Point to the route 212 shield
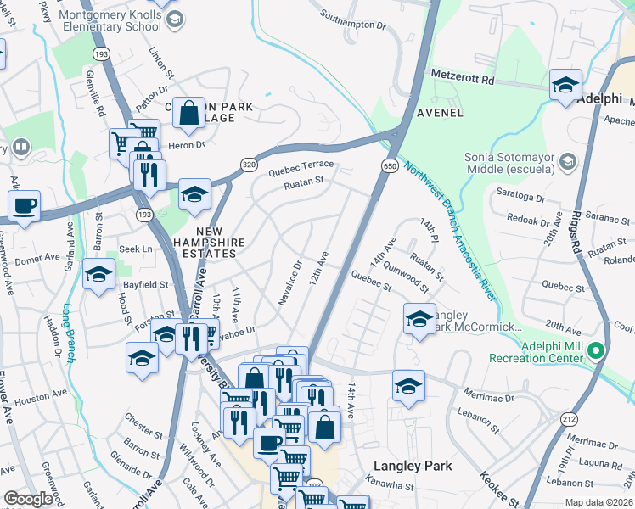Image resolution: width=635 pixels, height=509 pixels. tap(568, 418)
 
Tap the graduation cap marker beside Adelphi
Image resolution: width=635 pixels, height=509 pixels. tap(564, 85)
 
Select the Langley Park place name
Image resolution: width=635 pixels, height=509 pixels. tap(413, 466)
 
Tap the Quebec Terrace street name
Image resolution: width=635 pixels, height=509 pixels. tap(301, 167)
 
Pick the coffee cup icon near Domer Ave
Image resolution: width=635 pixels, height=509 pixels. tap(24, 205)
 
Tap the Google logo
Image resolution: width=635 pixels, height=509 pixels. tap(28, 499)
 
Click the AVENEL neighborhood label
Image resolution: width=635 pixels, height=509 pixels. tap(439, 112)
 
